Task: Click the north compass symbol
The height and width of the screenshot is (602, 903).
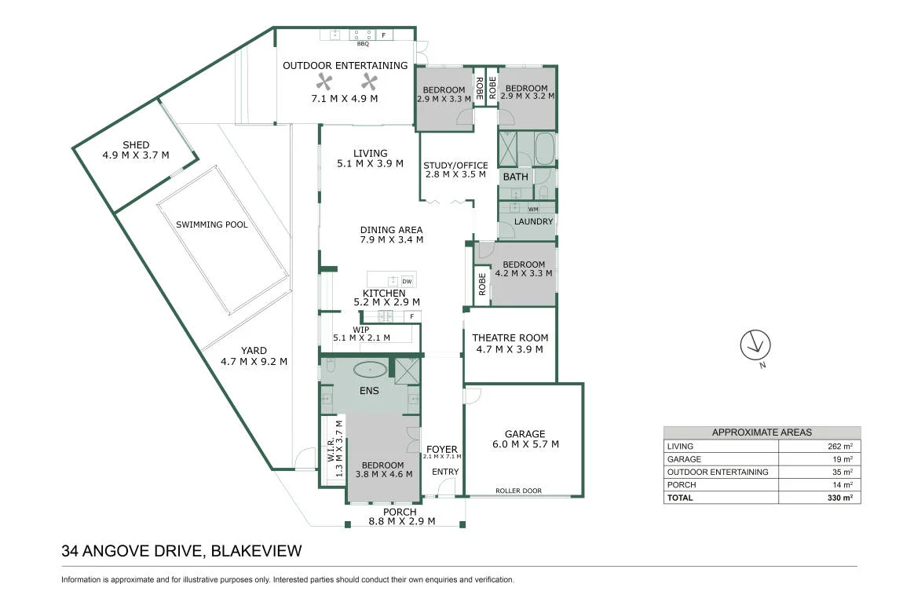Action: coord(755,345)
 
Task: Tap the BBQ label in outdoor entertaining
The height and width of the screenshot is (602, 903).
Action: coord(363,44)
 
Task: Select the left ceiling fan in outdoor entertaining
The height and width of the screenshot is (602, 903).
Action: coord(324,82)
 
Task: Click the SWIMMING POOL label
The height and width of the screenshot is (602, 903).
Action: coord(212,224)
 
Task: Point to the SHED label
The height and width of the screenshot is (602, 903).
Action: coord(136,145)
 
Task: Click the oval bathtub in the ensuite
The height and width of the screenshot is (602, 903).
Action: coord(371,369)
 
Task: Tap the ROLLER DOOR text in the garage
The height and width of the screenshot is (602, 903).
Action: coord(518,491)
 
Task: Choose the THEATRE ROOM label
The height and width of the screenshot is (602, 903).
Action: coord(510,337)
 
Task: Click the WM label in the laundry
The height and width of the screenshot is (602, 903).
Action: coord(533,210)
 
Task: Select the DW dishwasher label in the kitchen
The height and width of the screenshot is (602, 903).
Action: coord(408,282)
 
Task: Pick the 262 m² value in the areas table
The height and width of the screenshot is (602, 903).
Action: coord(840,446)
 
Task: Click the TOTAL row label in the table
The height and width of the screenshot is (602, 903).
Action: coord(680,498)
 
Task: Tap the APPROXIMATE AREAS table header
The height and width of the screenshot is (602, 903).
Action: coord(762,432)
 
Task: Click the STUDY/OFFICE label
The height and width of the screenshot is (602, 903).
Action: coord(455,165)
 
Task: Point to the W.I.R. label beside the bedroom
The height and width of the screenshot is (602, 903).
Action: coord(331,450)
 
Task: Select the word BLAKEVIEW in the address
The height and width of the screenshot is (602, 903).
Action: coord(256,551)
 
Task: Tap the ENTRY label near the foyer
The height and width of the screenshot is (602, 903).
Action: coord(446,472)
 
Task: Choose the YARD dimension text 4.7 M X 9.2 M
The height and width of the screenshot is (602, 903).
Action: coord(254,361)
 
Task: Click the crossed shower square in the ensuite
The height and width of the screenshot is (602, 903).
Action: coord(408,370)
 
